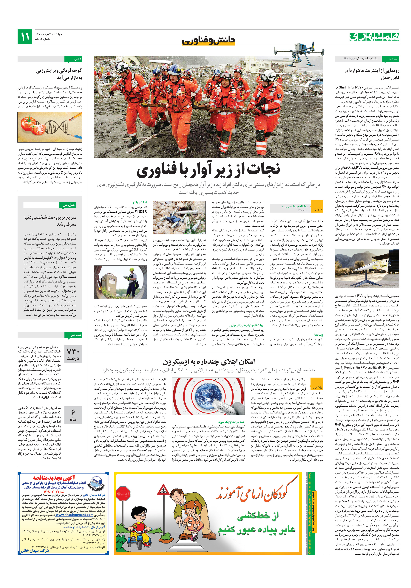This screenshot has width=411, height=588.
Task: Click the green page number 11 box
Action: pos(25,37)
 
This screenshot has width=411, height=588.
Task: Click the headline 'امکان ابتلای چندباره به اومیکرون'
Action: pos(208,361)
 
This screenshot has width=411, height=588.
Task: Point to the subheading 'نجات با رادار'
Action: pos(140,202)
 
